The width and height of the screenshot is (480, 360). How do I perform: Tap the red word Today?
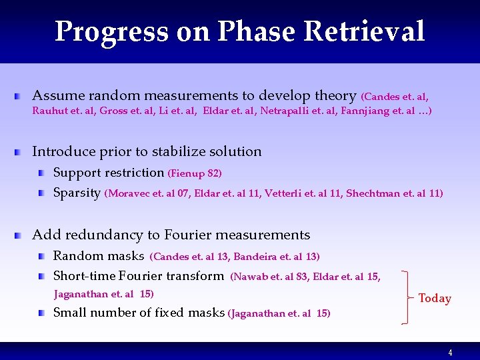pos(435,299)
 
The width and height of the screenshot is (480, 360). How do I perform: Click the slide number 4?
pos(450,353)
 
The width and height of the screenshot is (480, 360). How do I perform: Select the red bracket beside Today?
pos(405,297)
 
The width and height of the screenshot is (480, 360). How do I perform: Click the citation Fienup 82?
pos(195,173)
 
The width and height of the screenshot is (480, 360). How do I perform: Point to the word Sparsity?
pos(77,193)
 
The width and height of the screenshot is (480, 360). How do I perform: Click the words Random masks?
pos(99,256)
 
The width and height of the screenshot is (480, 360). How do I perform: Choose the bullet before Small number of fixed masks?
pos(42,313)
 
